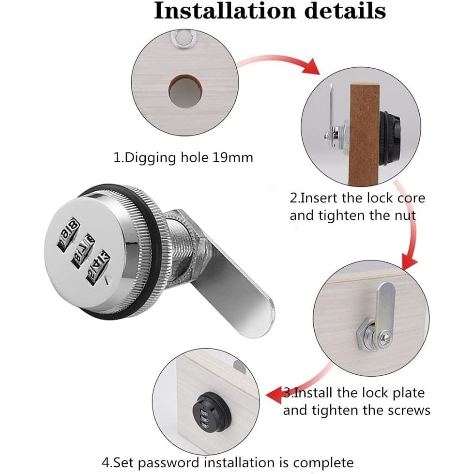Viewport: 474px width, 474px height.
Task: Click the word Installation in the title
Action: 225,11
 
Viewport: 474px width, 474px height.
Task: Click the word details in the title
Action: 345,11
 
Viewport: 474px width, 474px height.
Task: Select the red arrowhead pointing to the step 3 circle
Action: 409,263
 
